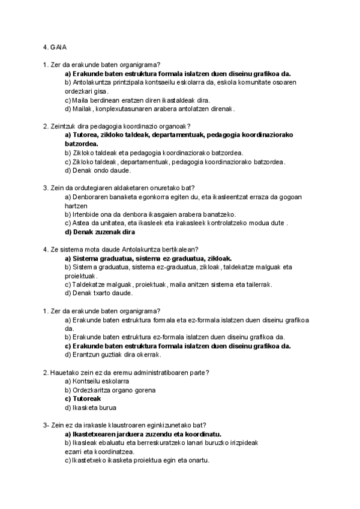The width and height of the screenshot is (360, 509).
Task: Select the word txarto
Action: click(x=99, y=293)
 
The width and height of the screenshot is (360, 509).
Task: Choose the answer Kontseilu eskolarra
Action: click(x=97, y=381)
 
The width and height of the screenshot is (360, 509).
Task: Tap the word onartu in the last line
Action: click(x=197, y=460)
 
